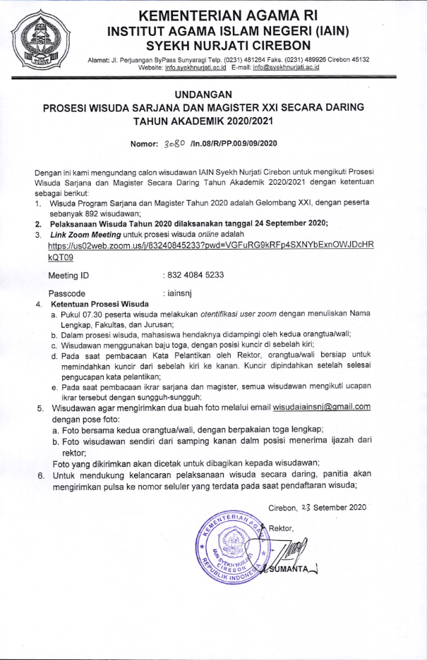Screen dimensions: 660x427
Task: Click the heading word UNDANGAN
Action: pyautogui.click(x=212, y=94)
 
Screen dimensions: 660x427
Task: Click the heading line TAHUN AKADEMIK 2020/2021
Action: pyautogui.click(x=212, y=121)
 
